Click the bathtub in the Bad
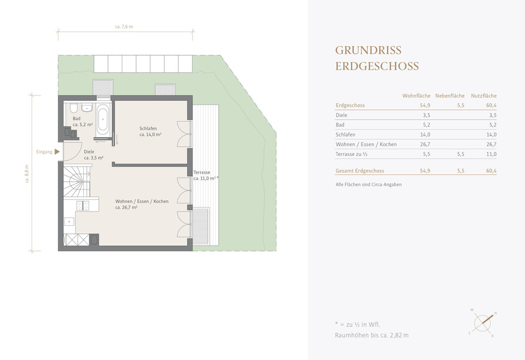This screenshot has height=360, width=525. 103,119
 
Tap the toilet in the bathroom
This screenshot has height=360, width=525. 74,108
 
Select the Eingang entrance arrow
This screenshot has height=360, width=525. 57,151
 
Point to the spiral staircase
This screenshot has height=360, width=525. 77,181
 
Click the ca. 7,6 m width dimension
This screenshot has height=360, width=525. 124,27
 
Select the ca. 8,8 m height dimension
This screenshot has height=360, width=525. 27,174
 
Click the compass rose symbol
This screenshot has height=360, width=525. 483,323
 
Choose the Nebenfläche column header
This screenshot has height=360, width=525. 450,96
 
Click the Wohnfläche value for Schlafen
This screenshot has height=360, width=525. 425,134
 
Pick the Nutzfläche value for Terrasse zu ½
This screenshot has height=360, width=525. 491,154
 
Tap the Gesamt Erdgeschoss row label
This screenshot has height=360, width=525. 360,171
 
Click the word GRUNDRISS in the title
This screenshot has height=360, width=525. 368,50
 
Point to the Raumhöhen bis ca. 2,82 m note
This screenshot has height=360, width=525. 372,335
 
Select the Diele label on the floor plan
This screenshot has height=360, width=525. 89,152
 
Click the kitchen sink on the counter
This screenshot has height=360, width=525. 70,222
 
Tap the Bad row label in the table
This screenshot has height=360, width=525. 340,125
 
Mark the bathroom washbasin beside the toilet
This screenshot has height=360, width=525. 87,107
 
